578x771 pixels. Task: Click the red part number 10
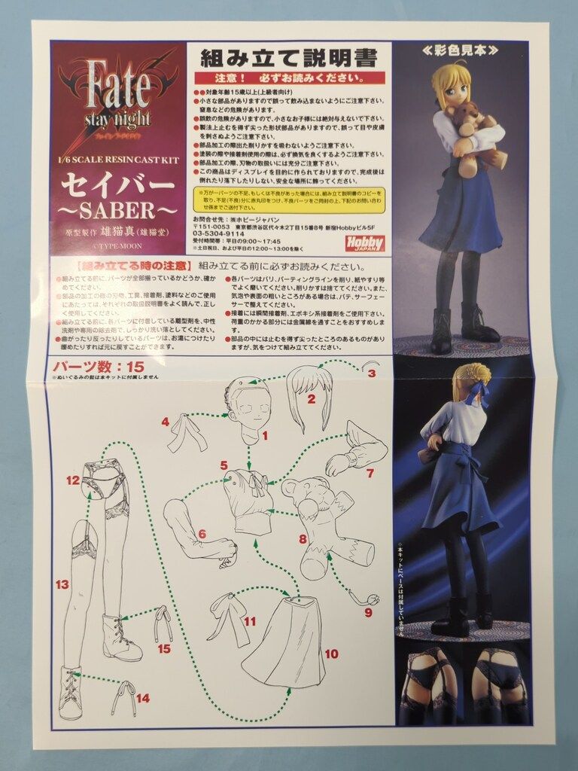coord(332,654)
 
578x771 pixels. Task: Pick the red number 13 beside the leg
coord(62,584)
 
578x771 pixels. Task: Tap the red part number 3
coord(371,372)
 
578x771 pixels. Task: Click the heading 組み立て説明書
coord(288,58)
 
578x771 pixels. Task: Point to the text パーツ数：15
coord(97,367)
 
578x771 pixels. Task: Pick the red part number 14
coord(142,698)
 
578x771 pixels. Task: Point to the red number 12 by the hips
coord(72,480)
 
